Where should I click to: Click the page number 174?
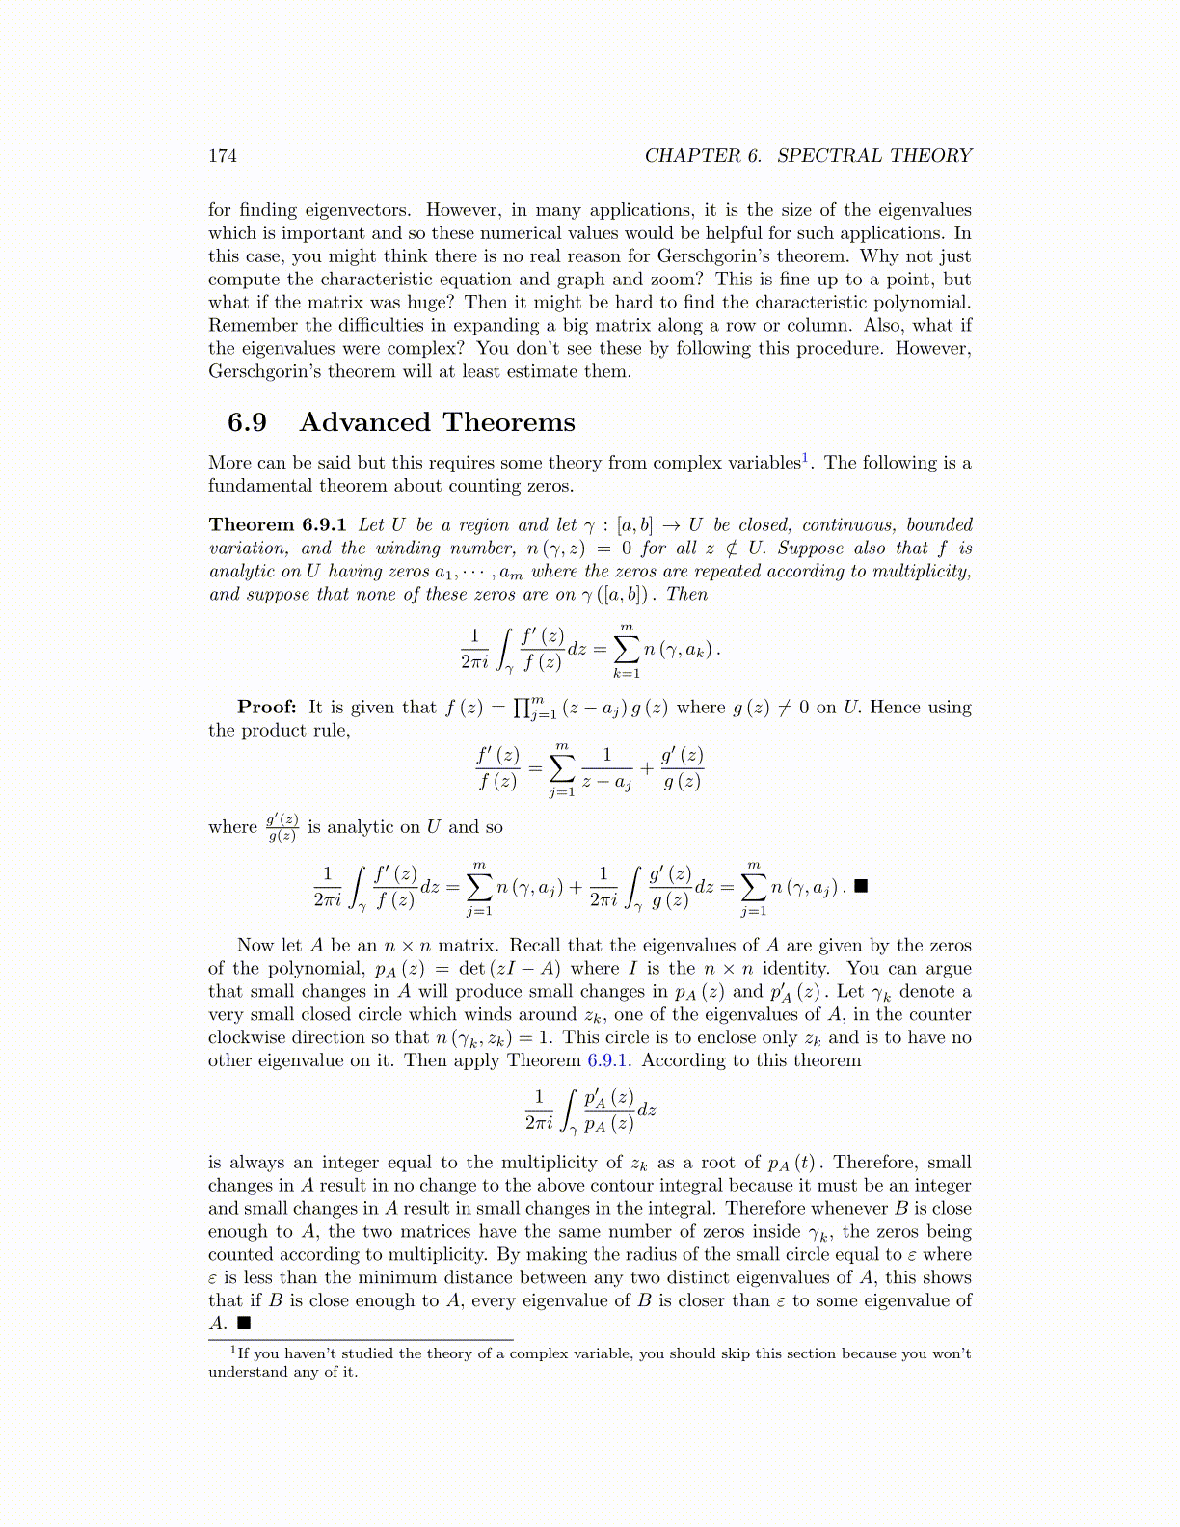click(x=223, y=156)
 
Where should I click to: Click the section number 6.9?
click(x=247, y=422)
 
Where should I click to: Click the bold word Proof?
click(x=266, y=708)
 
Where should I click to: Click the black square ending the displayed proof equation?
click(x=862, y=886)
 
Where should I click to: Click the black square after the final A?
click(x=244, y=1324)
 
